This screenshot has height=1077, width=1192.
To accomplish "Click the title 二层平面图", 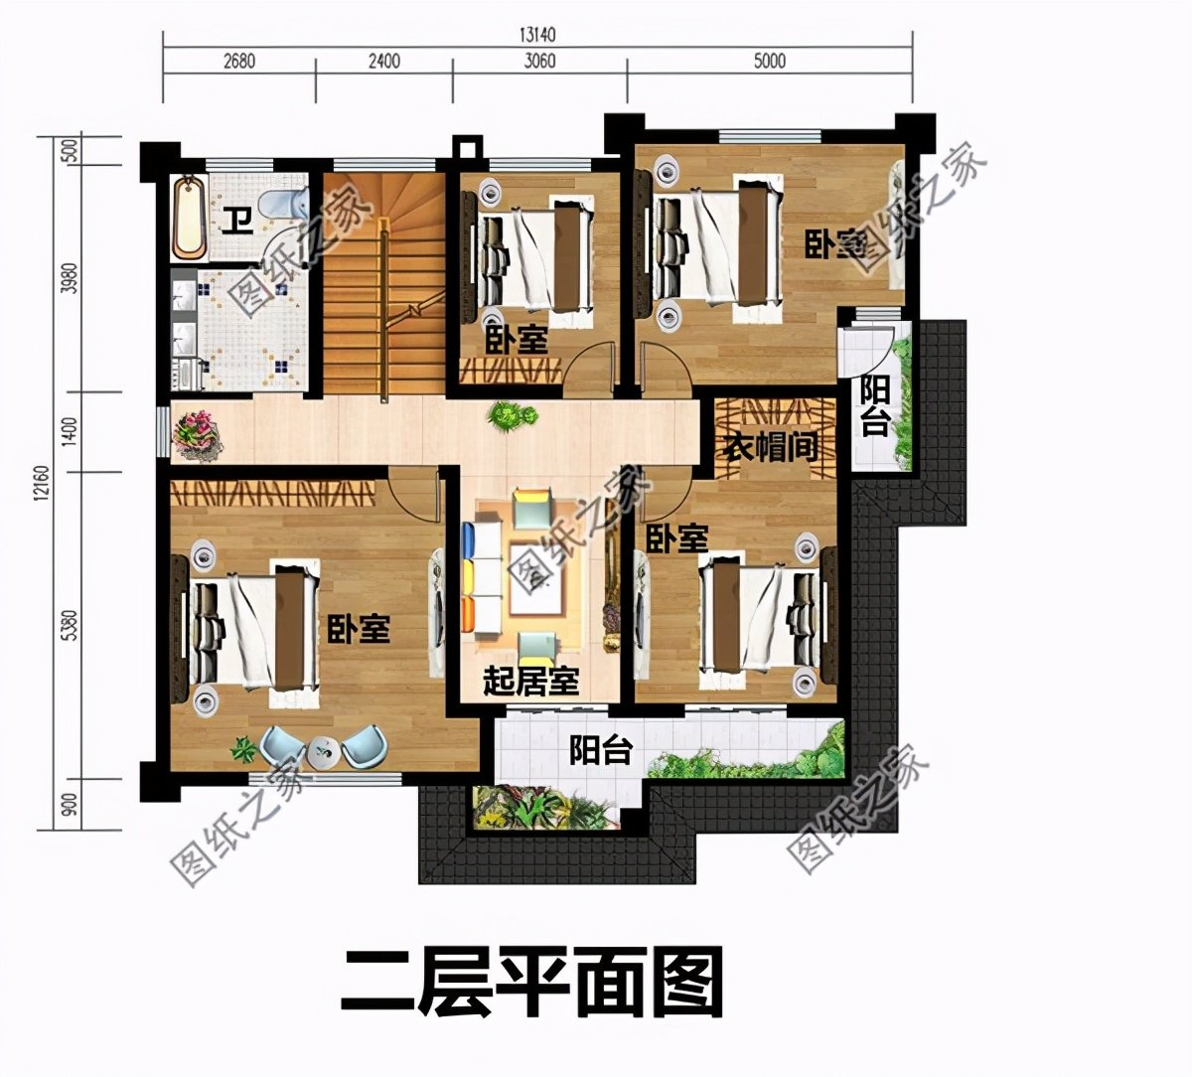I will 531,982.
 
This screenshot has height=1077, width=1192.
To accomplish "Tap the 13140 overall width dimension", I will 536,34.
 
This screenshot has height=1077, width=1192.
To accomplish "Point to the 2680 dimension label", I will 238,61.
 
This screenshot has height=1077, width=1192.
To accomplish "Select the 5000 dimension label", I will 769,61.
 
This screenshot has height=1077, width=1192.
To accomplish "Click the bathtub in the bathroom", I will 189,216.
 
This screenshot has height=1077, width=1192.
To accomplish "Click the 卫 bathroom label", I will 234,218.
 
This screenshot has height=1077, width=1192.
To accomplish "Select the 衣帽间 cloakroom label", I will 770,447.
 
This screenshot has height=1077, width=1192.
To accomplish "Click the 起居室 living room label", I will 530,682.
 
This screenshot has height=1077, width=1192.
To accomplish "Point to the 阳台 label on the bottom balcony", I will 600,750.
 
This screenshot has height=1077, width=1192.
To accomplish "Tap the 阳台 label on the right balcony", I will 875,404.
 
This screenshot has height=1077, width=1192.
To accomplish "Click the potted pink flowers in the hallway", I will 197,435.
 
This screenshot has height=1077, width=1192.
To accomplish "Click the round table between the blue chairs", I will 324,752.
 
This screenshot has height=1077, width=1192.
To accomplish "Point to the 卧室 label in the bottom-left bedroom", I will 359,628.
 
